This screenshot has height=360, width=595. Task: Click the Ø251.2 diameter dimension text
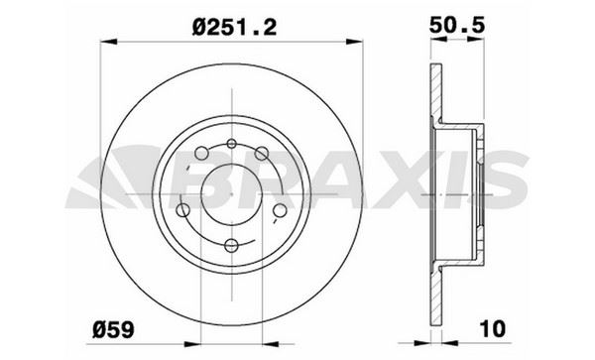[x=234, y=27]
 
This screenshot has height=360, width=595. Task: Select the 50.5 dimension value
[x=457, y=26]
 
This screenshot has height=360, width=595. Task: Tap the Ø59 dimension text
[x=113, y=329]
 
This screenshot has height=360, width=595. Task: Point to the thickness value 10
[x=493, y=328]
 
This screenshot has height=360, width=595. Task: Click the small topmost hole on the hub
[x=231, y=144]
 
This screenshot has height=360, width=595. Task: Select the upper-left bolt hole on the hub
[x=201, y=153]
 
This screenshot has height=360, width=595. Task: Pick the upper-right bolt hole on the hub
[x=262, y=153]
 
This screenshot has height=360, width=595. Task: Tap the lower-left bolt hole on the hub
[x=182, y=210]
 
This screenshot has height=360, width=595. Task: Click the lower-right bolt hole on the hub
[x=280, y=210]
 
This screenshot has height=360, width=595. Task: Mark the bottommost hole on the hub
[x=231, y=245]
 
